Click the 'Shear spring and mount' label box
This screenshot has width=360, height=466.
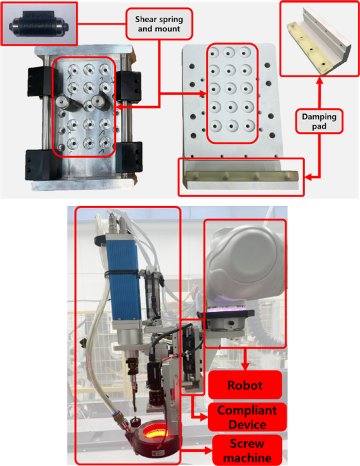pos(159,24)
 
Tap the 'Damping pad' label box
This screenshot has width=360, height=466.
pos(319,121)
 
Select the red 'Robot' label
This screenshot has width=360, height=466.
pos(245,385)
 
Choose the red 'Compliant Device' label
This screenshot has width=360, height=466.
pos(247,417)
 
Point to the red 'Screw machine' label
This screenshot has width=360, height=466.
pos(247,450)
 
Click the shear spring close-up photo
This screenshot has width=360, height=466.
pos(39,23)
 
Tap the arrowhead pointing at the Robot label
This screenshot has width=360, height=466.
pos(245,366)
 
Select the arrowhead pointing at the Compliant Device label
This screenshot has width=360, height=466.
pos(204,417)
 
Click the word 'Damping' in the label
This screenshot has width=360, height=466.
pos(319,117)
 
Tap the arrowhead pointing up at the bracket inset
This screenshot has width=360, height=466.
pos(319,80)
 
